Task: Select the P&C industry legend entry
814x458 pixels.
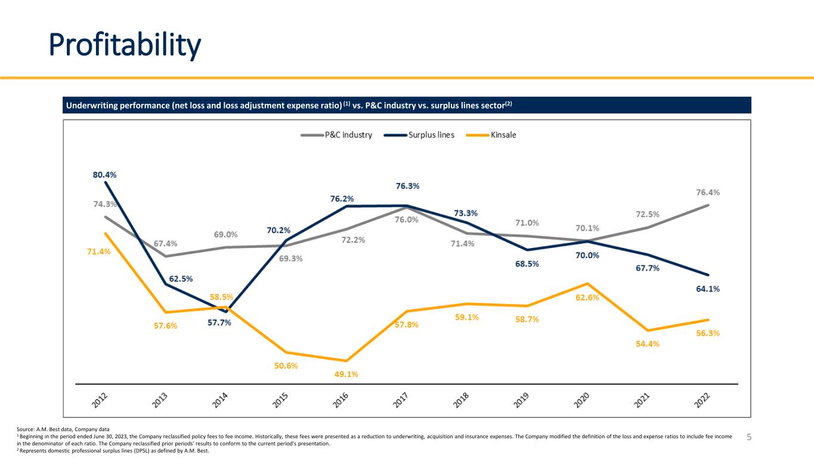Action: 337,135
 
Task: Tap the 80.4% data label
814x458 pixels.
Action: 104,175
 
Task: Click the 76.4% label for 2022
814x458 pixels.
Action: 707,193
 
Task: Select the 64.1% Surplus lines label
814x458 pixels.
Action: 707,289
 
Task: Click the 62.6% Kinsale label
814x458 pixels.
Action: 587,298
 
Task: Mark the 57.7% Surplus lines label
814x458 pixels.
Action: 219,323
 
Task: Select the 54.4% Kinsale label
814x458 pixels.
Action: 648,344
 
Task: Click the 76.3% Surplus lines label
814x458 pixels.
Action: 407,186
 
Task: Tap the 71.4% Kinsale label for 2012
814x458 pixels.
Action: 98,252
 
